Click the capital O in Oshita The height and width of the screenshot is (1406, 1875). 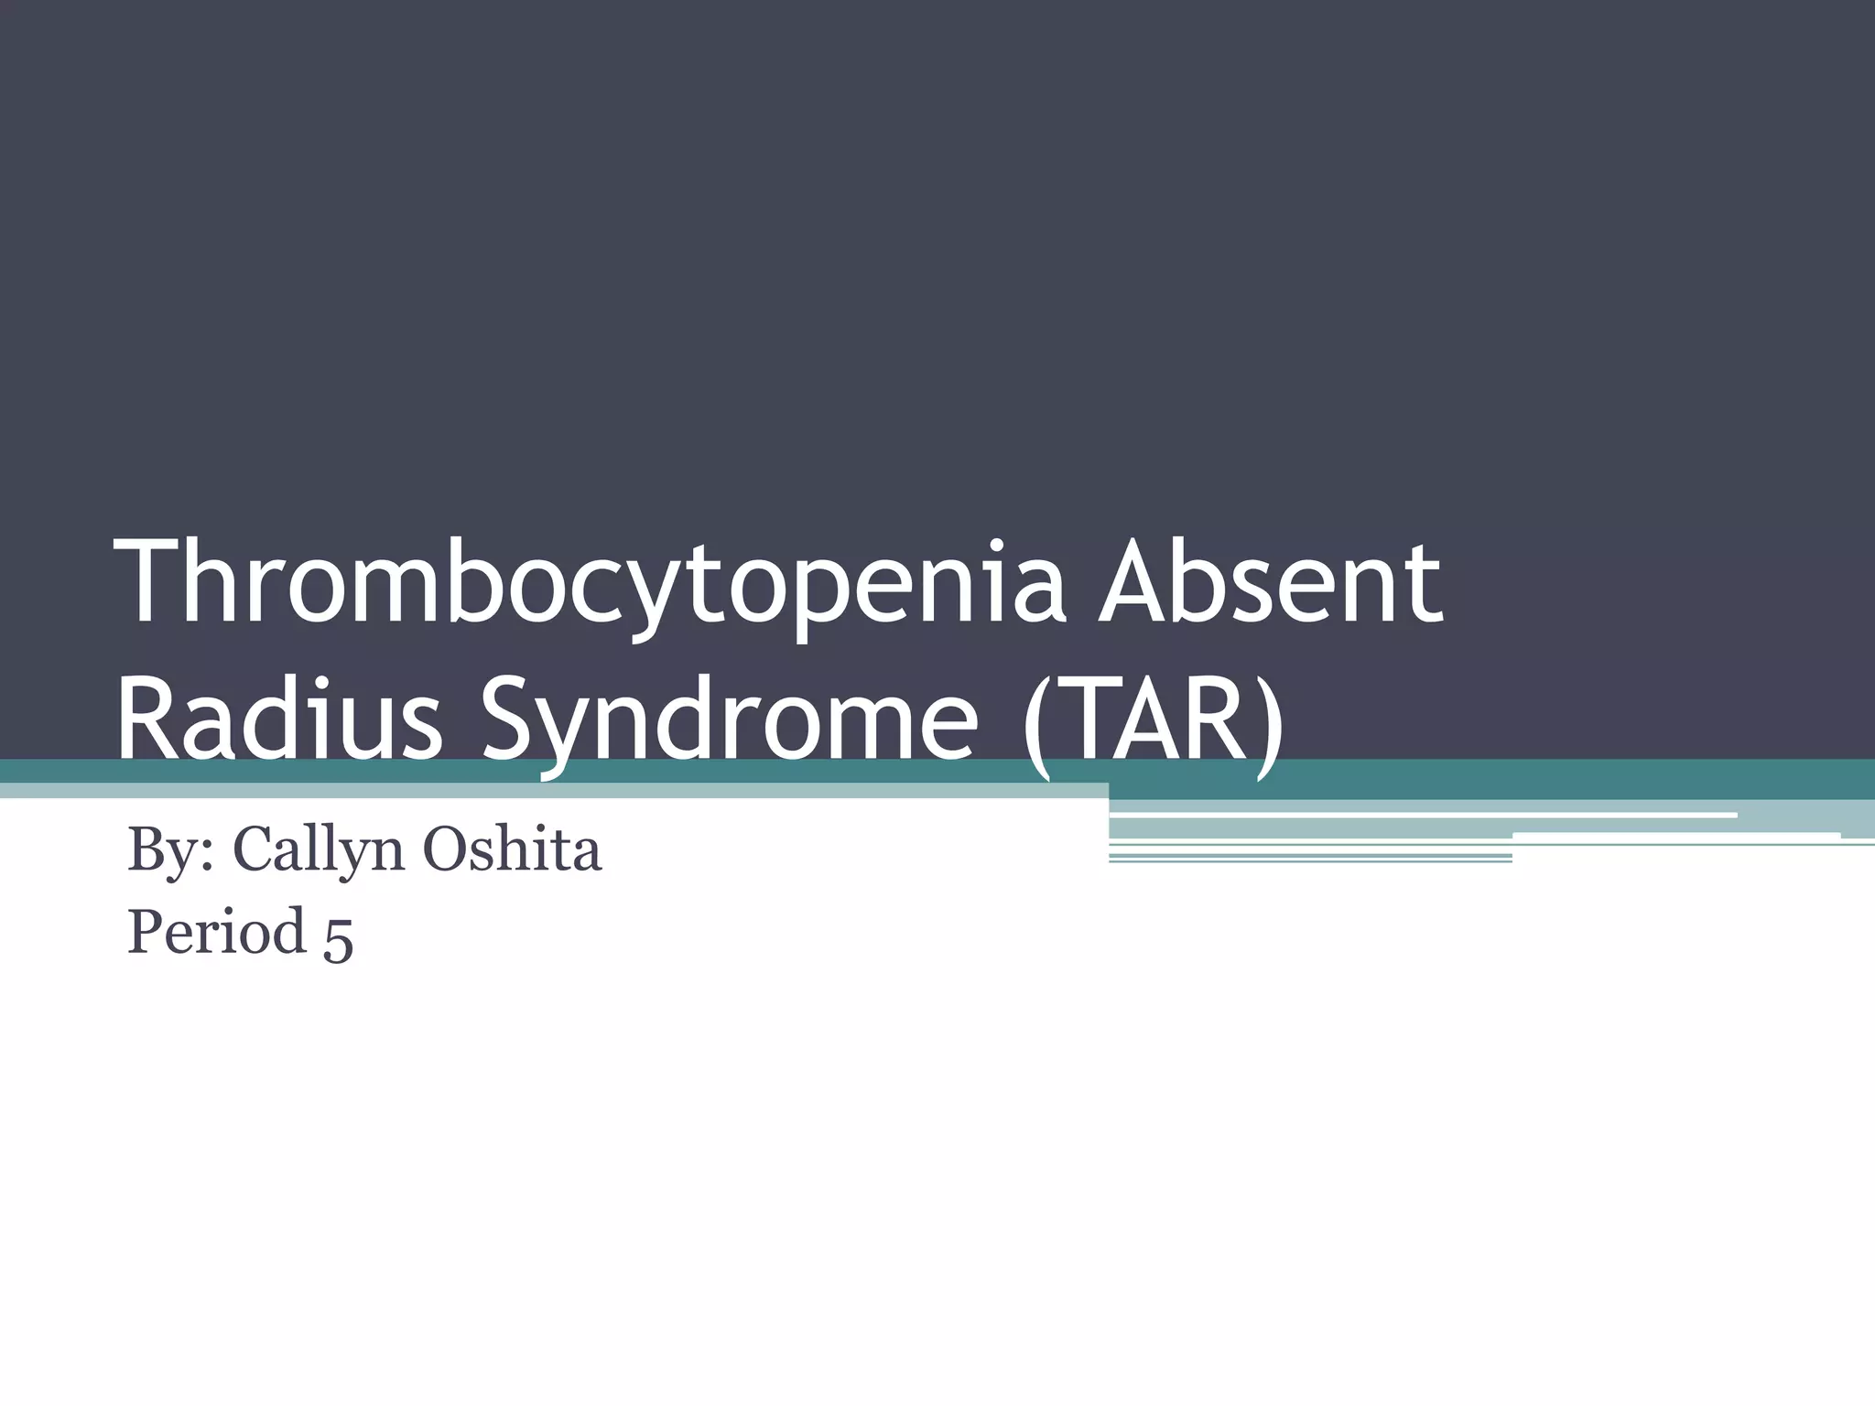pos(445,849)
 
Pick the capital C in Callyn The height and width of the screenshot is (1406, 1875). pos(256,849)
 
